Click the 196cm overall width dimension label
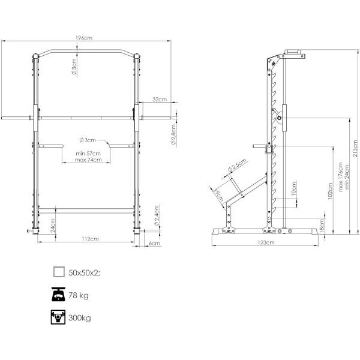point(84,38)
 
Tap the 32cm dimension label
point(160,100)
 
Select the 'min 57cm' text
point(88,154)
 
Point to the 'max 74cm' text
point(88,160)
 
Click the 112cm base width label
point(90,239)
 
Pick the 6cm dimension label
point(155,243)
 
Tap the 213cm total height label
point(355,149)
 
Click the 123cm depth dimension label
point(266,242)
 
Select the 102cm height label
point(330,191)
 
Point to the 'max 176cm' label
point(341,177)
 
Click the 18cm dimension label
point(322,226)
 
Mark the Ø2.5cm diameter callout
point(237,165)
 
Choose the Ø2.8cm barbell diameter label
point(174,134)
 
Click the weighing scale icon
point(58,295)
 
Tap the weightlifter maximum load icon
point(58,317)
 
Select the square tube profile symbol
point(59,272)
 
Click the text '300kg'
point(80,318)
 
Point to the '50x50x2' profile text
point(83,273)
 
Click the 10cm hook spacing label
point(293,189)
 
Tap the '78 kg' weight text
point(79,295)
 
